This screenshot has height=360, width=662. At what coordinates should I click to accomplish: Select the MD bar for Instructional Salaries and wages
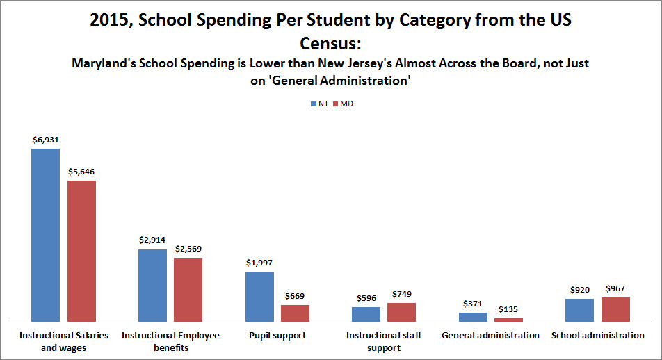tap(81, 251)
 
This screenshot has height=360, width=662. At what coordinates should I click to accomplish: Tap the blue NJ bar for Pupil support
tap(259, 297)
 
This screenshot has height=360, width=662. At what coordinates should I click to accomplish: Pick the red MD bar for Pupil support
tap(295, 313)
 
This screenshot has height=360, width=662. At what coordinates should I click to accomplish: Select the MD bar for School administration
tap(615, 309)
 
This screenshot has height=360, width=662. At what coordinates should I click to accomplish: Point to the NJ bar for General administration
tap(473, 317)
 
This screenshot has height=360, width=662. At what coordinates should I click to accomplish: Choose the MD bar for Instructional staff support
tap(401, 312)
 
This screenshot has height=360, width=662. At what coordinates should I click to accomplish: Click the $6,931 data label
tap(46, 140)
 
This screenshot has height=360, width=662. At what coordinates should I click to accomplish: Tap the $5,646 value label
tap(81, 171)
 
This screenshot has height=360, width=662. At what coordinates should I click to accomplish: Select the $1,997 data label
tap(259, 263)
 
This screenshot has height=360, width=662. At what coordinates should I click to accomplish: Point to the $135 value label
tap(508, 309)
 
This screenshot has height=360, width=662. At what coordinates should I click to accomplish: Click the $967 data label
tap(615, 288)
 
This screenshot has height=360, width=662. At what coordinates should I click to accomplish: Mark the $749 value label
tap(401, 294)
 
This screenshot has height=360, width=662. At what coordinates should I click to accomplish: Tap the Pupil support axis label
tap(277, 336)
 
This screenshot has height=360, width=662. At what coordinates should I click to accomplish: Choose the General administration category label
tap(490, 336)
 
